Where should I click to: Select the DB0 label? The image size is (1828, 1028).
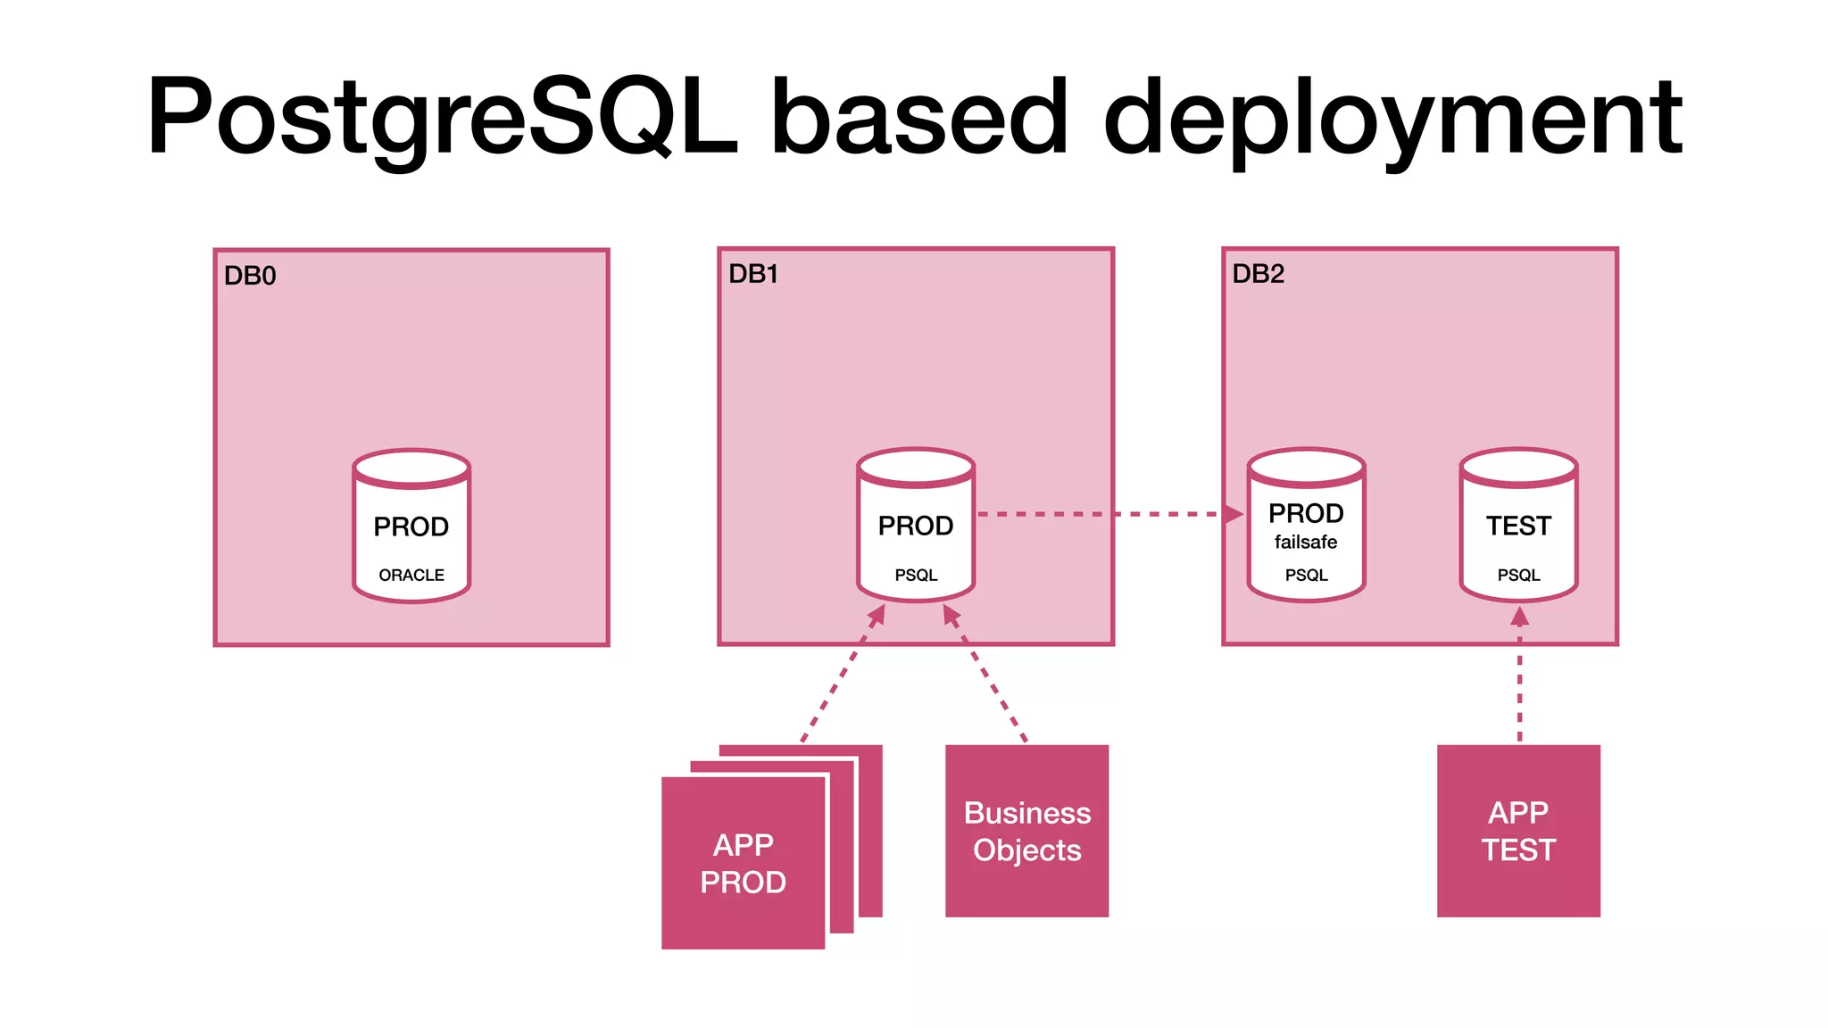click(x=250, y=276)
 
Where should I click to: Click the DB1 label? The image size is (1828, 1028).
click(x=753, y=274)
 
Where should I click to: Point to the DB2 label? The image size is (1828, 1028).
click(x=1258, y=274)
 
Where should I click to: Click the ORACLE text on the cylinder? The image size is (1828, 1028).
click(x=411, y=576)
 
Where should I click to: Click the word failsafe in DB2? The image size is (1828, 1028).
click(x=1306, y=543)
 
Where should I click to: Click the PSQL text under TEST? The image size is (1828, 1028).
click(x=1518, y=576)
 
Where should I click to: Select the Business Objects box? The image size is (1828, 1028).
click(x=1026, y=831)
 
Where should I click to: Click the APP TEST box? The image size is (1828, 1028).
click(x=1518, y=831)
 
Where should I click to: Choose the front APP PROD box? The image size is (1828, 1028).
click(x=743, y=863)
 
